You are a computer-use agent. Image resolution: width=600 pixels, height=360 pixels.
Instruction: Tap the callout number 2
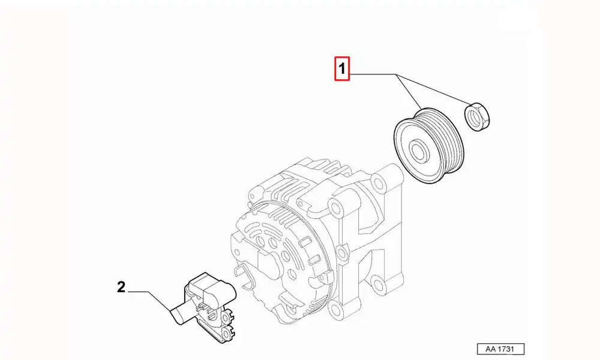121,288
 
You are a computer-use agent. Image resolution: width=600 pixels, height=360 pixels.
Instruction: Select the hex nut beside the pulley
478,116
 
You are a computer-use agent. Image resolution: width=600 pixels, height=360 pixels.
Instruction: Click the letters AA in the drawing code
488,349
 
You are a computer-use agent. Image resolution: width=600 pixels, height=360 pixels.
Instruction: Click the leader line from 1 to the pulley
408,93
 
